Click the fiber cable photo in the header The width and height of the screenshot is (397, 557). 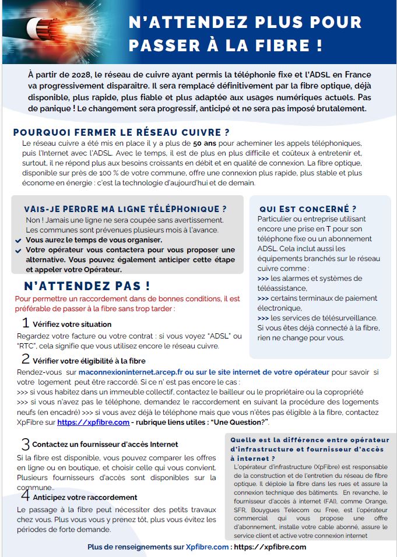52,32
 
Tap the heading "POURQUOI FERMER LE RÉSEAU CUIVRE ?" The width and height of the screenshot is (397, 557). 121,132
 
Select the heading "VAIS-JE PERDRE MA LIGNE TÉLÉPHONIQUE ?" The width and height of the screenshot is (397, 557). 125,209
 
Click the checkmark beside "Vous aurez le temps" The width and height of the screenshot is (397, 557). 19,241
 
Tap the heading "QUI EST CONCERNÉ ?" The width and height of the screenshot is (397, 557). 308,209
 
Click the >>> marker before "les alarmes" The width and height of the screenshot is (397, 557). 263,278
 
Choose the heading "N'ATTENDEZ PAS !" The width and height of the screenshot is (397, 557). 87,286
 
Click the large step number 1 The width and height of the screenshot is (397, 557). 26,323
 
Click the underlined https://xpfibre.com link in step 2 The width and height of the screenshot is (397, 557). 93,422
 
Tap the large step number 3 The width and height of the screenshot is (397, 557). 26,444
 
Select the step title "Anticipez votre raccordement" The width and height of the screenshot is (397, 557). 85,497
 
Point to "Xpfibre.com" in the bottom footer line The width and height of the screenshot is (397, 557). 207,547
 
